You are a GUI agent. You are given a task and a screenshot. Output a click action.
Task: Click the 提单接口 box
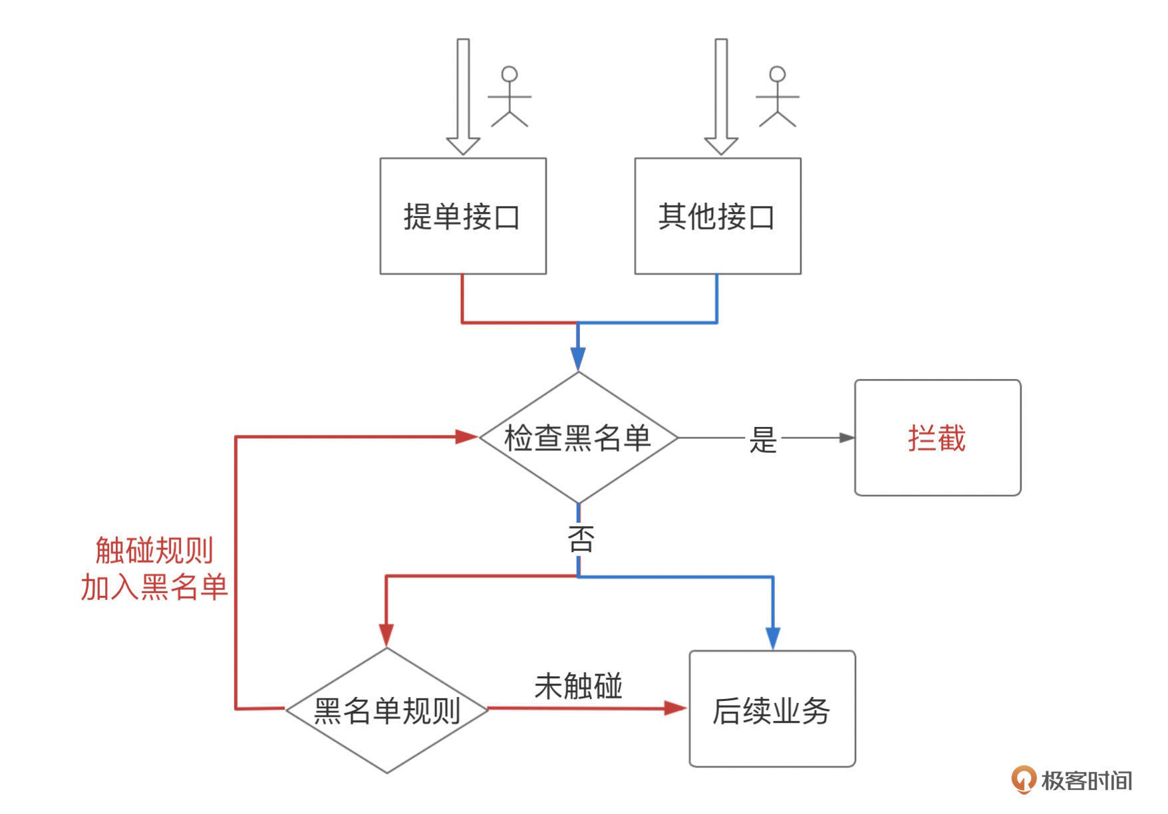pyautogui.click(x=463, y=216)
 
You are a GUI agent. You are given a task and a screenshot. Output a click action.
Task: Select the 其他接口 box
pyautogui.click(x=717, y=216)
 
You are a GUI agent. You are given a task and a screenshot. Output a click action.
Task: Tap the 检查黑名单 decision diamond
pyautogui.click(x=578, y=438)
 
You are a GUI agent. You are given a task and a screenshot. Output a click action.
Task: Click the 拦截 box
pyautogui.click(x=937, y=438)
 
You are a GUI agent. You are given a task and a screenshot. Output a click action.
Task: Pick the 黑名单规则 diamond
pyautogui.click(x=387, y=710)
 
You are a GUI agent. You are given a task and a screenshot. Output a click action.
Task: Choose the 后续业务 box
pyautogui.click(x=772, y=710)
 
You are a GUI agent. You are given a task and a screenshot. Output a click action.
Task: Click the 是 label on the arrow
pyautogui.click(x=762, y=440)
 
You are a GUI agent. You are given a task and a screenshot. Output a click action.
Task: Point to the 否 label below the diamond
pyautogui.click(x=580, y=538)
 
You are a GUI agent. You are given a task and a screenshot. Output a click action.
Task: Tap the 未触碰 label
pyautogui.click(x=578, y=686)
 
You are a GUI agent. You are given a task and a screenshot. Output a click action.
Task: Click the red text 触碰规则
pyautogui.click(x=154, y=551)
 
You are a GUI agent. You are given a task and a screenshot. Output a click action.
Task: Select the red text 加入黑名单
pyautogui.click(x=154, y=587)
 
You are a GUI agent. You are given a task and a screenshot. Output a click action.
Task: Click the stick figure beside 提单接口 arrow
pyautogui.click(x=510, y=97)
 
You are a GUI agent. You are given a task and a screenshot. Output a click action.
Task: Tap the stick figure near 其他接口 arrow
pyautogui.click(x=777, y=97)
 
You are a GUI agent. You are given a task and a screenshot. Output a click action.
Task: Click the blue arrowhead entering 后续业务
pyautogui.click(x=772, y=638)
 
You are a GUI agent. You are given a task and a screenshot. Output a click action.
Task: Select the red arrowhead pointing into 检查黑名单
pyautogui.click(x=466, y=437)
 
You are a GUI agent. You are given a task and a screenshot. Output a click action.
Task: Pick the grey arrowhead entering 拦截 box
pyautogui.click(x=846, y=438)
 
